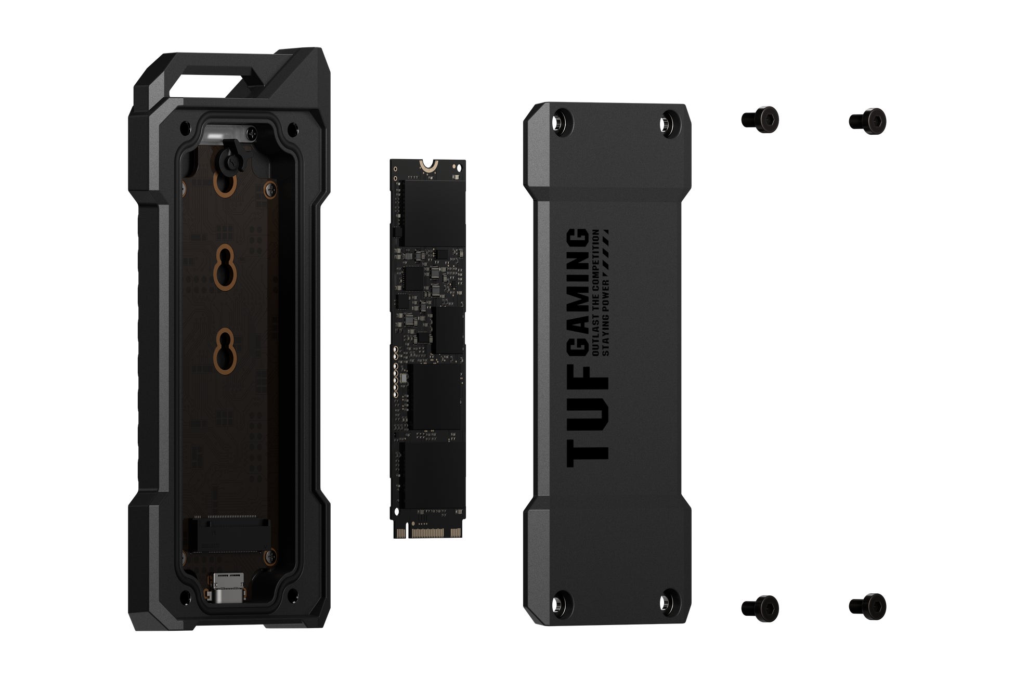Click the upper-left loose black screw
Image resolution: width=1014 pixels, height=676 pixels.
760,120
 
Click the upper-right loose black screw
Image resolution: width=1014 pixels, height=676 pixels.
867,121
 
